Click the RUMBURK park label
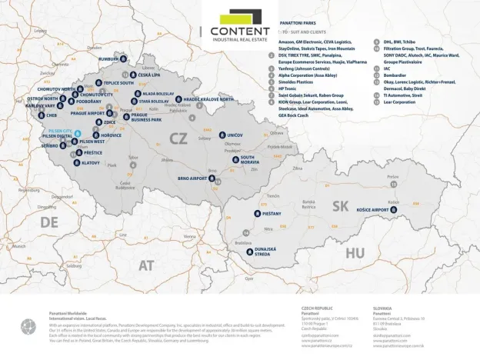pyautogui.click(x=109, y=59)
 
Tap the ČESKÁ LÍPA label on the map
pyautogui.click(x=150, y=75)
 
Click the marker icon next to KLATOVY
pyautogui.click(x=76, y=163)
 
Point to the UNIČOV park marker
pyautogui.click(x=222, y=135)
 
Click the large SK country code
pyautogui.click(x=340, y=205)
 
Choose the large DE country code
pyautogui.click(x=49, y=222)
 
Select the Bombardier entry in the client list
pyautogui.click(x=397, y=75)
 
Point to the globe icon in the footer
pyautogui.click(x=28, y=326)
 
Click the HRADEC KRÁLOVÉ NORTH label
pyautogui.click(x=208, y=99)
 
